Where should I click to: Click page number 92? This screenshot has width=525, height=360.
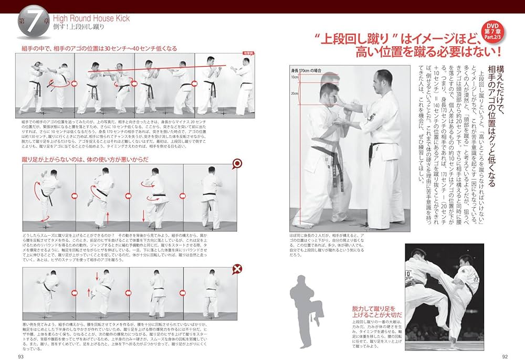(x=505, y=356)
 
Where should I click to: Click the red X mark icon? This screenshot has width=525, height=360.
(x=237, y=270)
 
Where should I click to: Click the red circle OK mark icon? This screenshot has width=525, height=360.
(x=237, y=164)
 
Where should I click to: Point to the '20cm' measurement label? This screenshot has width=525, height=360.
(x=295, y=94)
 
